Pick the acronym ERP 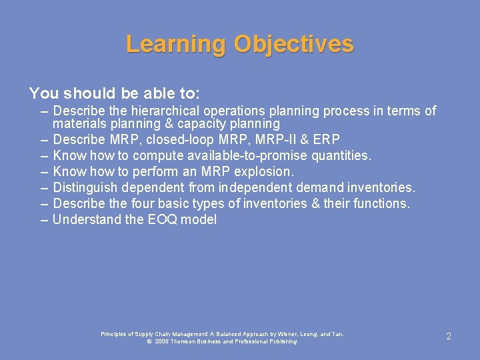326,139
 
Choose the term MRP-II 269,139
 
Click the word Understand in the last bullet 87,219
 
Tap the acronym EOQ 164,219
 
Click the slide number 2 448,337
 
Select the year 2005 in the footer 163,341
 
